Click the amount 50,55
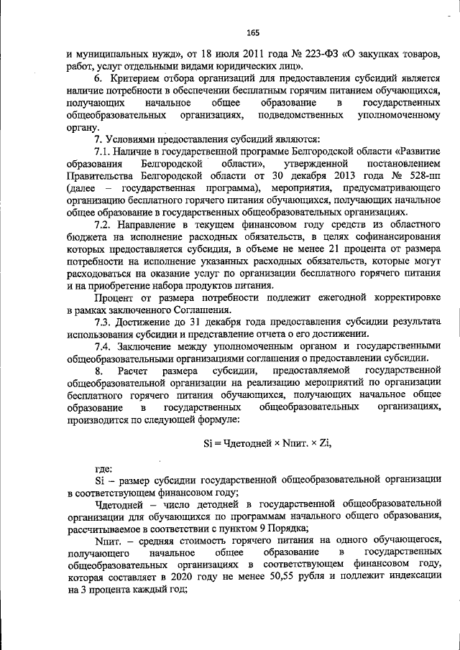click(323, 577)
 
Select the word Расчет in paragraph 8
click(134, 371)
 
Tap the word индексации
click(406, 577)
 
